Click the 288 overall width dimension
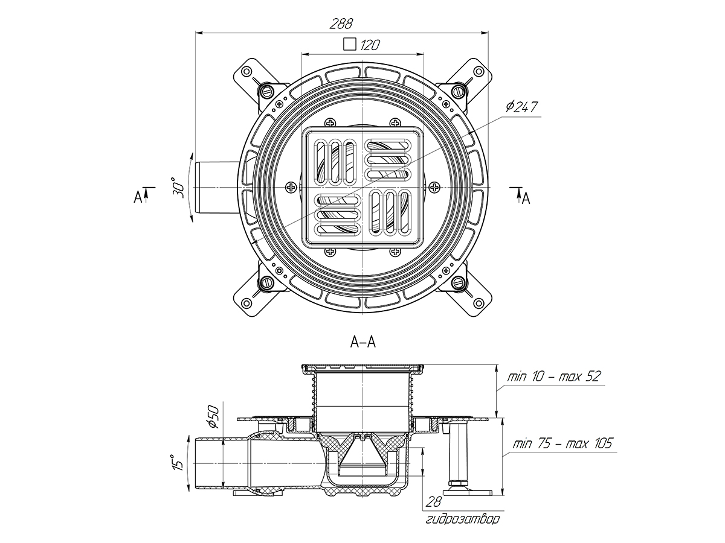[x=341, y=24]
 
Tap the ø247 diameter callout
[x=521, y=107]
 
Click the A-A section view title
[x=362, y=342]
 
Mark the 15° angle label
[x=176, y=463]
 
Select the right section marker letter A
[x=526, y=197]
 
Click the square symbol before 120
[x=349, y=44]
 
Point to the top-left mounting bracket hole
[x=246, y=72]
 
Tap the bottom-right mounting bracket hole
[x=478, y=303]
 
